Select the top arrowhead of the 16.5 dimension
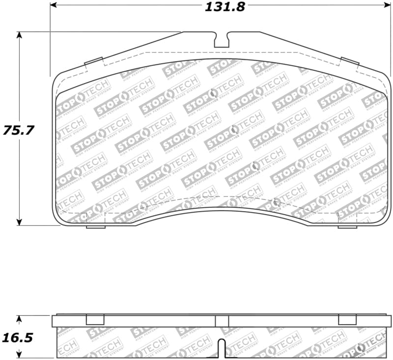point(19,318)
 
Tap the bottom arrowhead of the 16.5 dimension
point(19,355)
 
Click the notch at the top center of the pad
point(222,40)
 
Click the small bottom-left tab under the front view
point(95,226)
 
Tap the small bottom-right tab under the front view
point(347,226)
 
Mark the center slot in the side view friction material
point(222,348)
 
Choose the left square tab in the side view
point(95,320)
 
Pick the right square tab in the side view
point(347,320)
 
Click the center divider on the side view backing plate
point(216,321)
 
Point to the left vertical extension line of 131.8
point(50,39)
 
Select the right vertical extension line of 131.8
point(392,39)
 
